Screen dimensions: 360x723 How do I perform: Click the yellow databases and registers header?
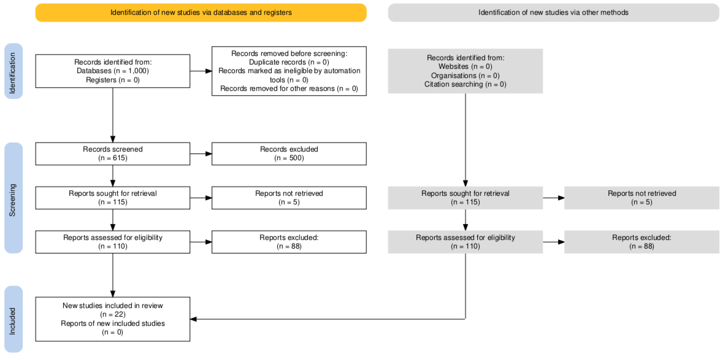[x=201, y=13]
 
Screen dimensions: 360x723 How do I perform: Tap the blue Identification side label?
[x=13, y=71]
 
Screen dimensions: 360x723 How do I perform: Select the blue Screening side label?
[x=13, y=198]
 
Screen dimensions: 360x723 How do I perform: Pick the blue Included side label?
[x=13, y=319]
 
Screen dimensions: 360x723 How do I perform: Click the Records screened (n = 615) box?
[x=113, y=154]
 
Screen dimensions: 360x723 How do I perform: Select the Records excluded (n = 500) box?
[x=289, y=154]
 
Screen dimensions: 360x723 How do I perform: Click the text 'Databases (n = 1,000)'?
[x=113, y=71]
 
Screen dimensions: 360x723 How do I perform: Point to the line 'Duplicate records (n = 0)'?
[x=289, y=62]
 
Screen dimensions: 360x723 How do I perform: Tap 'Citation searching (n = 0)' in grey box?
[x=465, y=84]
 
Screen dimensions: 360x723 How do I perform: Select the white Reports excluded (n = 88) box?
[x=289, y=242]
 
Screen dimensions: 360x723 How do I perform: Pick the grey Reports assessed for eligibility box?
[x=465, y=242]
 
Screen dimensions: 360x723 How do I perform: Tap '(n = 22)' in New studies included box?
[x=113, y=314]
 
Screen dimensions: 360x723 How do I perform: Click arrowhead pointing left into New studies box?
[x=193, y=319]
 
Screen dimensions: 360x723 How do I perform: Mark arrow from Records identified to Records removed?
[x=201, y=71]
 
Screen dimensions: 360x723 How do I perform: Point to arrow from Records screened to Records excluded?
[x=201, y=154]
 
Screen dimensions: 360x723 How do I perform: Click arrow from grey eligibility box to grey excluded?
[x=554, y=242]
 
